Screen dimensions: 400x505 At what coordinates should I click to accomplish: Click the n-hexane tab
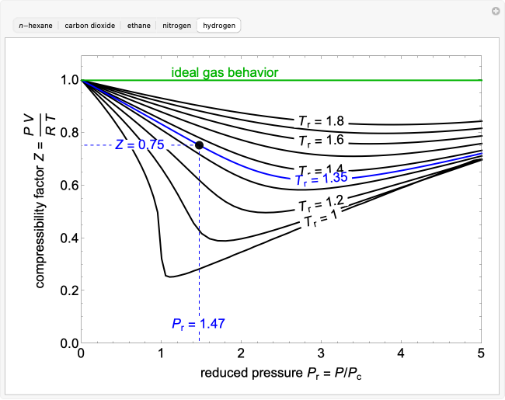37,26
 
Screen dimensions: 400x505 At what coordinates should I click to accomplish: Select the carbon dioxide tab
90,26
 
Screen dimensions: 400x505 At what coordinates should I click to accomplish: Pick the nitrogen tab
176,26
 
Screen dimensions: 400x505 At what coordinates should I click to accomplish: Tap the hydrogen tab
219,26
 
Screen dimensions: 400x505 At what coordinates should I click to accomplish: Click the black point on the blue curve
200,145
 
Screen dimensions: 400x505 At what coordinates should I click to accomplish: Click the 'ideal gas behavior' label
225,73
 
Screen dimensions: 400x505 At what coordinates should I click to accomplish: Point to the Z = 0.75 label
139,145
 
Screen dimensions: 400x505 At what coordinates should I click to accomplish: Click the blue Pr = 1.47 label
200,323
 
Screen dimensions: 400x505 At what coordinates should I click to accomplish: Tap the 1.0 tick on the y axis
68,80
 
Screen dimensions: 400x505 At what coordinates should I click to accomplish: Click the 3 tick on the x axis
322,353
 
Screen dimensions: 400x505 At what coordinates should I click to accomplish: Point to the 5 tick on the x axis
481,353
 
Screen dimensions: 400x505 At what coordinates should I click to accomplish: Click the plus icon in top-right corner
495,11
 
